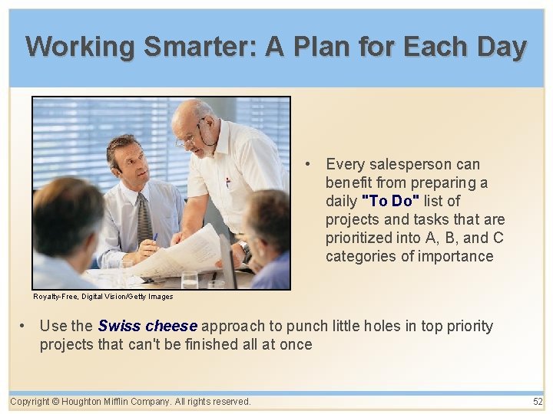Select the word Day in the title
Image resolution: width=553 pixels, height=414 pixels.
click(501, 47)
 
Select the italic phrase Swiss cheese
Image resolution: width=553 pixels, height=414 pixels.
click(147, 326)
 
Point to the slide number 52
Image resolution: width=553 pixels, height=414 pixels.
click(538, 402)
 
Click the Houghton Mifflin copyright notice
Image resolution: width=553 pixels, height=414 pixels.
click(131, 402)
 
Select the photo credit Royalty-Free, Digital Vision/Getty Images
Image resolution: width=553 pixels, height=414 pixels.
click(103, 296)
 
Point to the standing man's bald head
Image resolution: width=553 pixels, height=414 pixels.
click(189, 113)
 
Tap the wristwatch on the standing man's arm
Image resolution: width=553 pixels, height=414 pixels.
click(245, 248)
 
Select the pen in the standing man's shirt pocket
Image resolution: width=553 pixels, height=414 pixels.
click(227, 182)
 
